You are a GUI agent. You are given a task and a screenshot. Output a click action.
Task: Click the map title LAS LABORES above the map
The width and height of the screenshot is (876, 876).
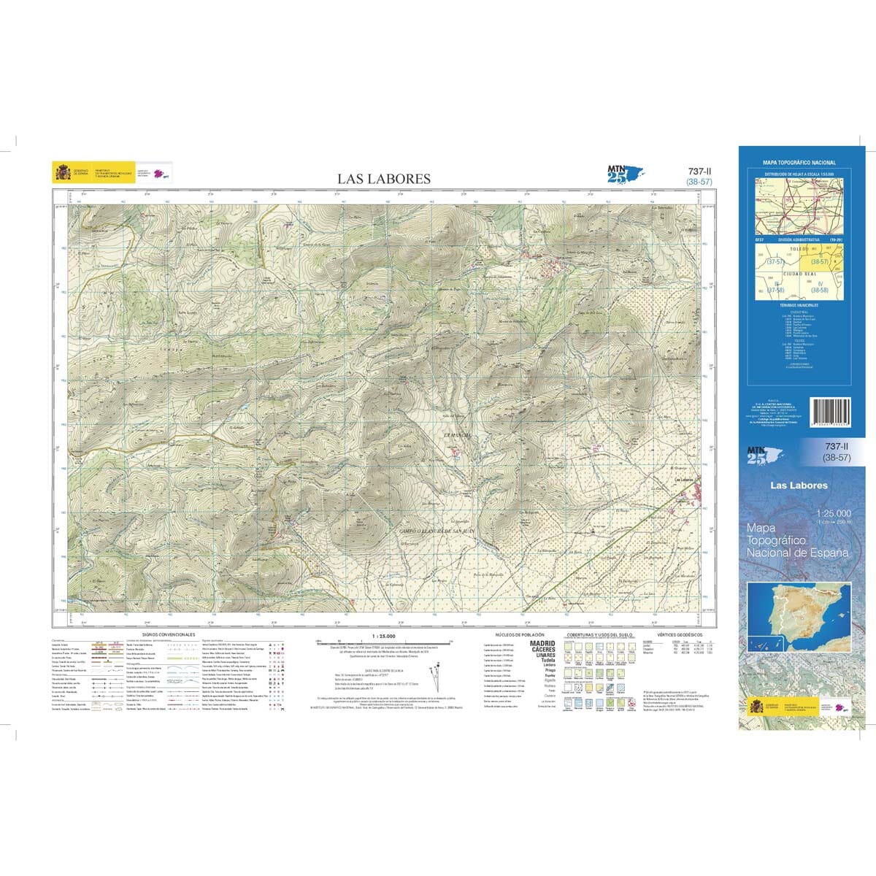point(383,179)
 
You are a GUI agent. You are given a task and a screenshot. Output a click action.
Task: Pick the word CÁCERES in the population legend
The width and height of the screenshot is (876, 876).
point(542,649)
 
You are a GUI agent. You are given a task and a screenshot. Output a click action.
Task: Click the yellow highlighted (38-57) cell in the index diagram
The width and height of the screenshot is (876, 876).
point(820,260)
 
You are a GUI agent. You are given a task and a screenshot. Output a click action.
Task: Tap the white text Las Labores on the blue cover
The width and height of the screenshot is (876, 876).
point(799,485)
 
